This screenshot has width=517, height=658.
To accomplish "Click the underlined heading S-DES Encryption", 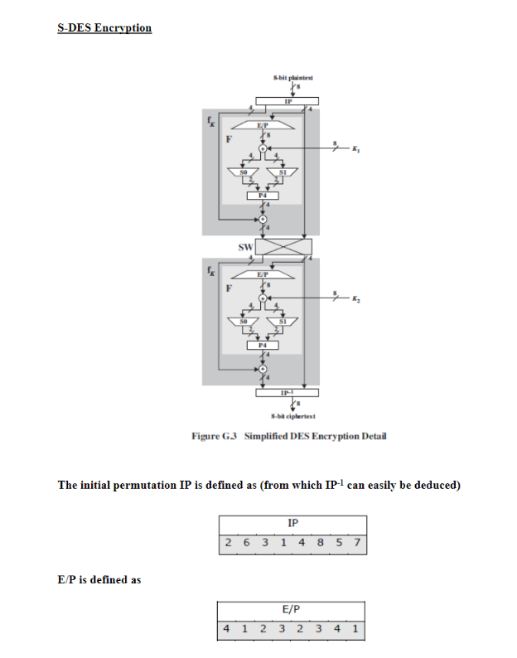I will (x=104, y=28).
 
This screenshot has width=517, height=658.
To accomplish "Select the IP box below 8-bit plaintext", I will (x=287, y=100).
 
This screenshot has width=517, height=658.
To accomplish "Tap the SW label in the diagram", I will (x=245, y=247).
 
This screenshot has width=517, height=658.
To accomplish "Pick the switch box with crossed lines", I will (x=284, y=247).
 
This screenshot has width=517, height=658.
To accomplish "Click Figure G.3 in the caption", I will (x=215, y=437).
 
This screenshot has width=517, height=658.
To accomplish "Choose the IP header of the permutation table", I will (x=292, y=523).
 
